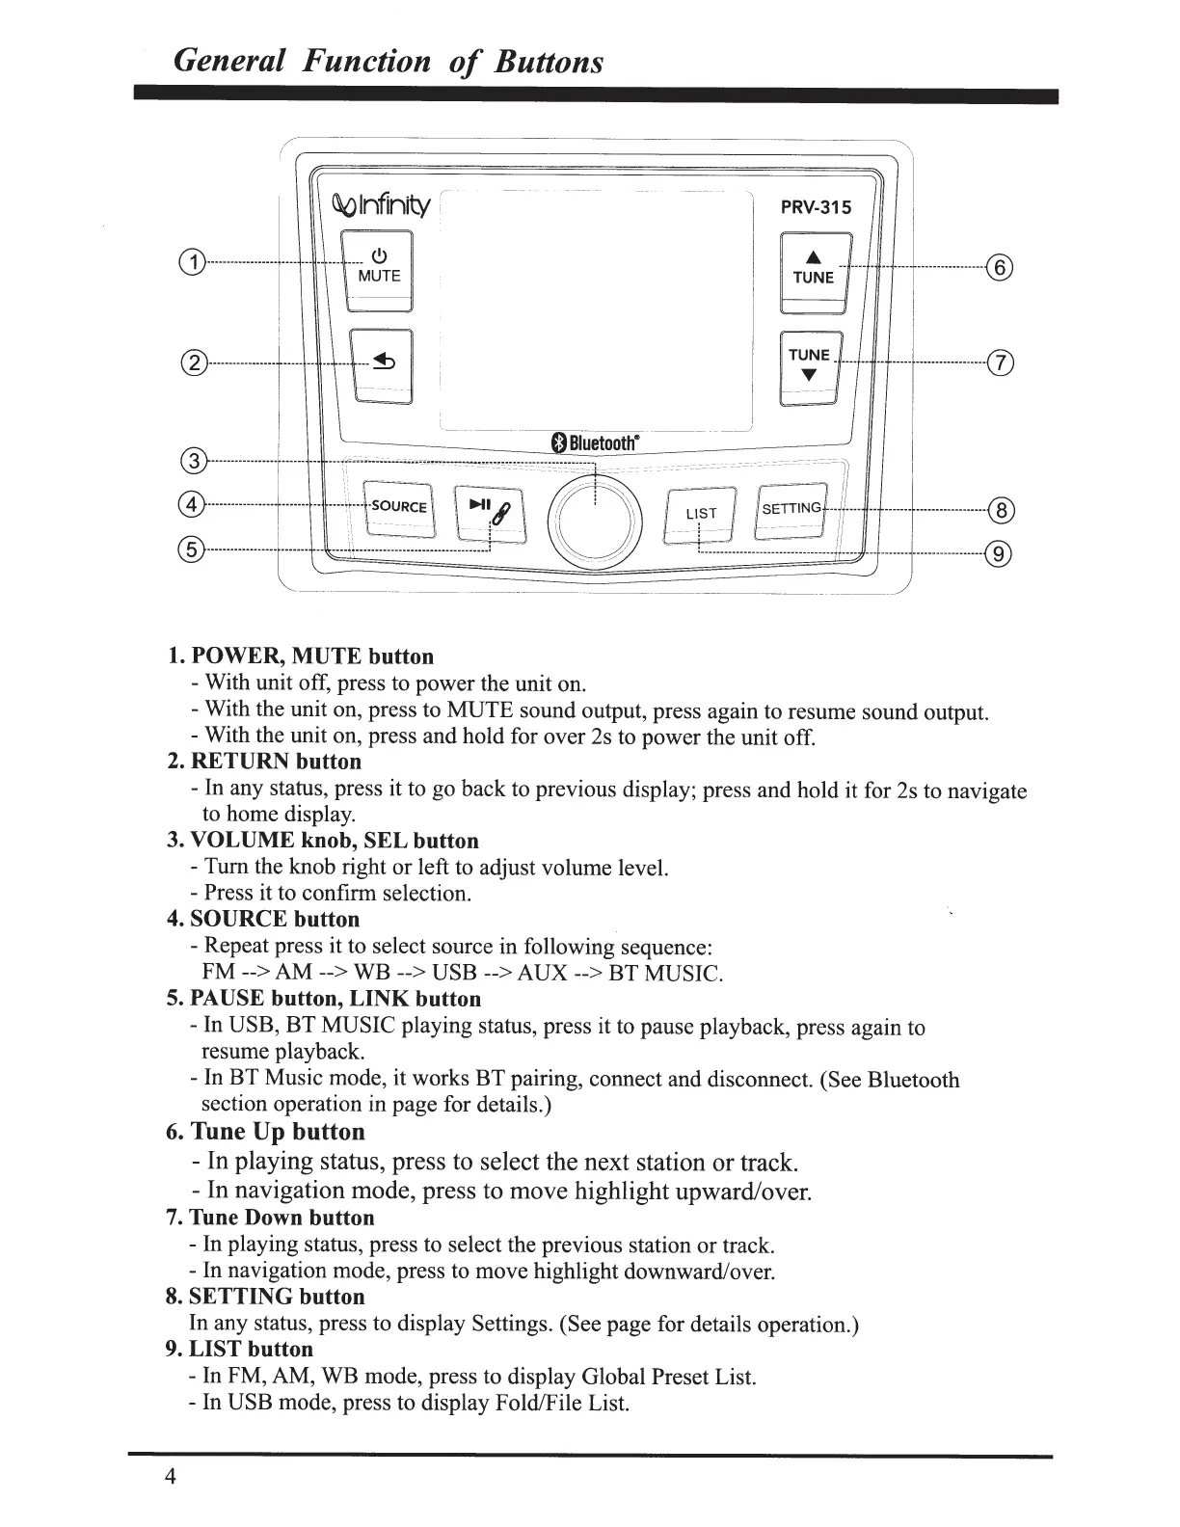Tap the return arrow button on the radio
[x=381, y=366]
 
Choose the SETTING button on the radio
[x=791, y=509]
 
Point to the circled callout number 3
[x=194, y=462]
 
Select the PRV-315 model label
[x=815, y=207]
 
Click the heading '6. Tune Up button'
[x=265, y=1132]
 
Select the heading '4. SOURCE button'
[x=263, y=919]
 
